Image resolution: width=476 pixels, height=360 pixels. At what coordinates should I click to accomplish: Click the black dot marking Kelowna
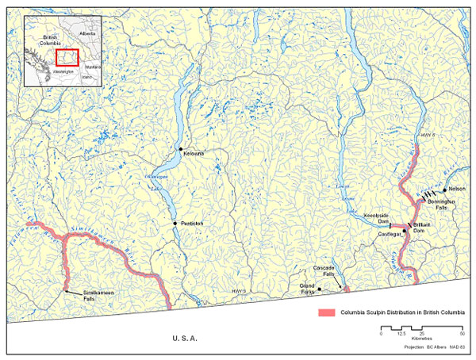pyautogui.click(x=182, y=148)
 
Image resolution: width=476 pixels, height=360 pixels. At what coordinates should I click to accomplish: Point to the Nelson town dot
pyautogui.click(x=445, y=190)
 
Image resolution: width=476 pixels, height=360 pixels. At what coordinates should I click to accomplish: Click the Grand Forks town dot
pyautogui.click(x=319, y=290)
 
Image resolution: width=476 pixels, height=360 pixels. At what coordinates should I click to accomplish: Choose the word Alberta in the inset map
pyautogui.click(x=88, y=35)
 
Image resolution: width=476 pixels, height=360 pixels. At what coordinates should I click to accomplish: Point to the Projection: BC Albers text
pyautogui.click(x=416, y=347)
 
